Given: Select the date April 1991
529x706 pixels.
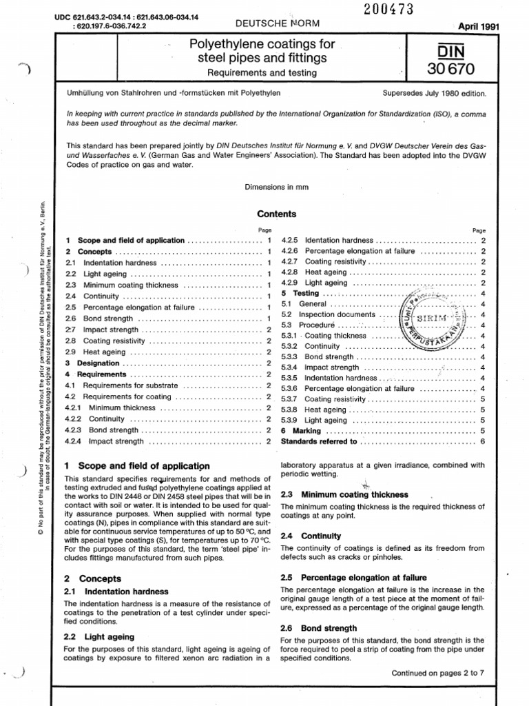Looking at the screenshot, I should tap(475, 27).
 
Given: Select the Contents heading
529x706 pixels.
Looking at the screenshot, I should tap(277, 214).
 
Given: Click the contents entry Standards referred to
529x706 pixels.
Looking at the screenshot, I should tap(320, 441).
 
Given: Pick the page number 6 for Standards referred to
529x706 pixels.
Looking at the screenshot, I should tap(483, 441).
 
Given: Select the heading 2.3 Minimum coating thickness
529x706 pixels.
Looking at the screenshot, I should tap(344, 494).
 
